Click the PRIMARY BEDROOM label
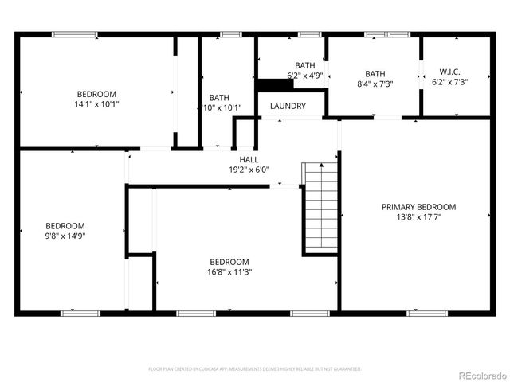(x=418, y=206)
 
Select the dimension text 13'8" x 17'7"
(x=418, y=216)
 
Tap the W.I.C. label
(x=449, y=71)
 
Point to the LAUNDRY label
(x=288, y=106)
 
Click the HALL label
(x=249, y=159)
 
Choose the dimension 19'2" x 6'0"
(x=249, y=170)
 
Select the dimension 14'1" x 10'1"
(x=97, y=103)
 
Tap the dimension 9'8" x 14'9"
(x=65, y=236)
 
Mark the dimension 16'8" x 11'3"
(x=229, y=272)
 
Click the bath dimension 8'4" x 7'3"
(x=375, y=82)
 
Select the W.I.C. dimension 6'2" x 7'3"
(x=449, y=81)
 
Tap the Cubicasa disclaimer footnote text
(x=255, y=369)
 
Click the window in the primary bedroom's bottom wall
(x=422, y=312)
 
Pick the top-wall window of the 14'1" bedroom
(x=75, y=34)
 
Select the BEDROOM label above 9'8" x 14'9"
(x=65, y=225)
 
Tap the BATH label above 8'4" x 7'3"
(x=375, y=72)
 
